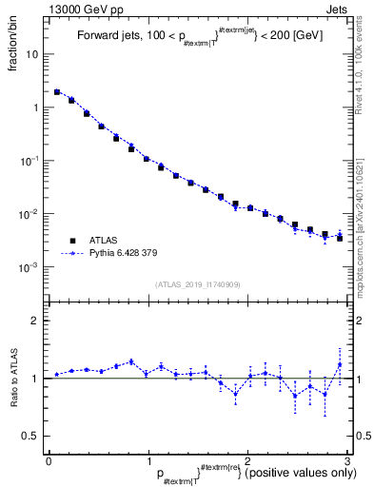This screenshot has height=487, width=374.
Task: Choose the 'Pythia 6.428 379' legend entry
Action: [127, 255]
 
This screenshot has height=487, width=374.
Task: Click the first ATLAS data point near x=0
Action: [57, 92]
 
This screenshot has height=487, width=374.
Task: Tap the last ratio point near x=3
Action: [340, 364]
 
